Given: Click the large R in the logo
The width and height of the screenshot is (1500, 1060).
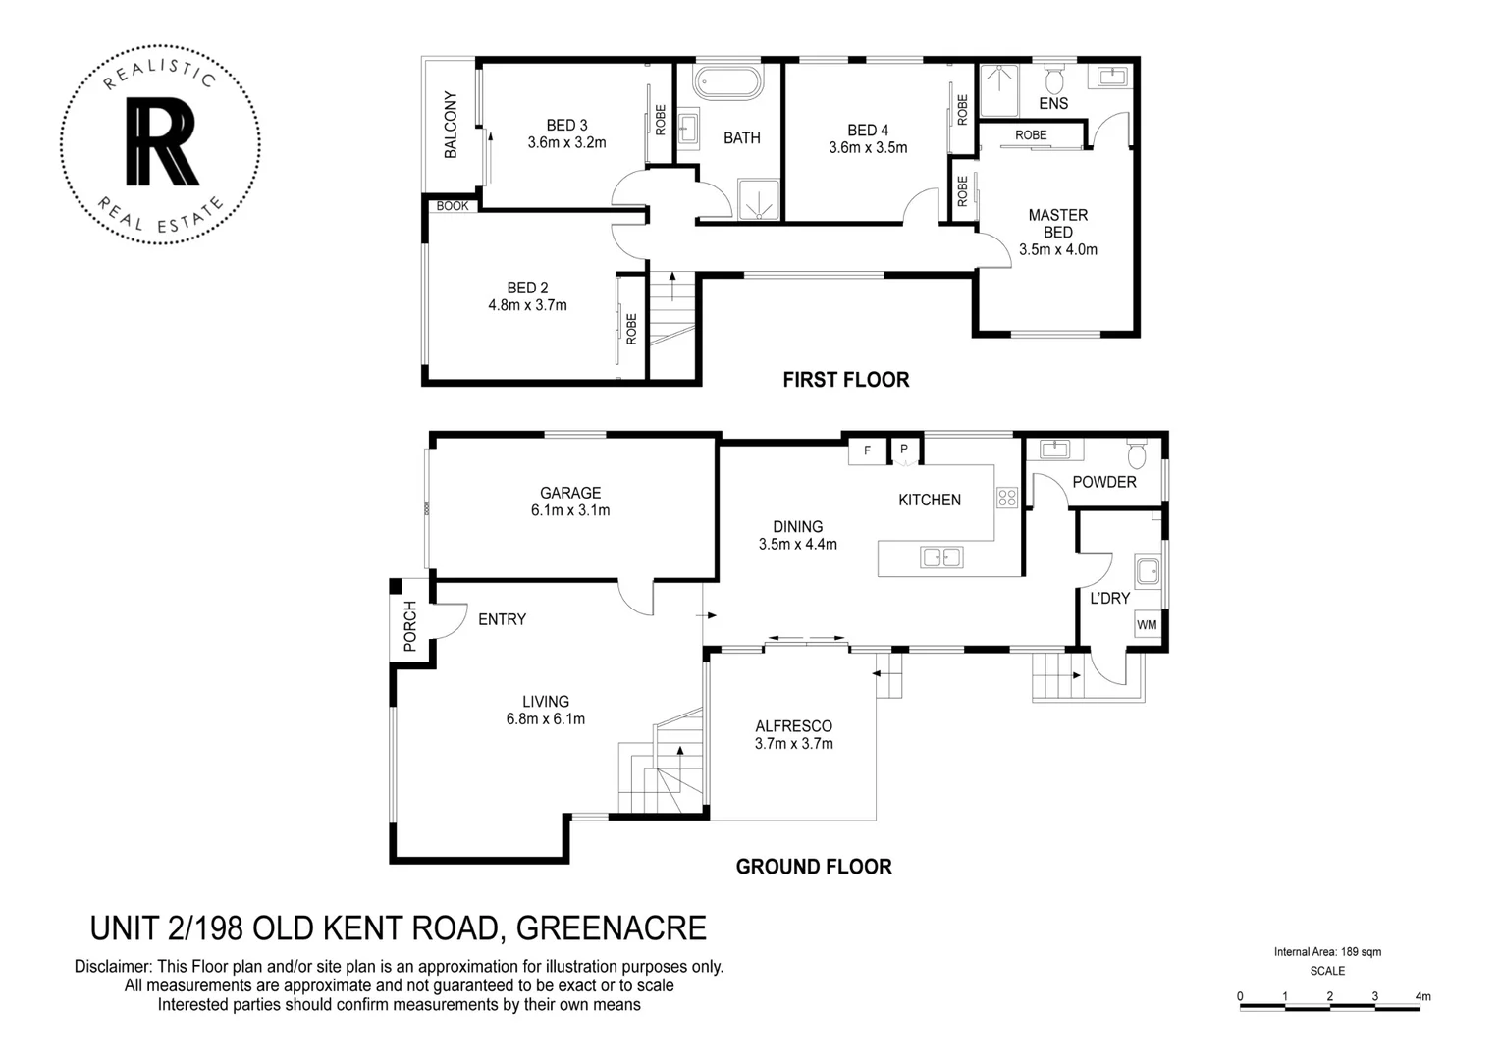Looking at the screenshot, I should [162, 142].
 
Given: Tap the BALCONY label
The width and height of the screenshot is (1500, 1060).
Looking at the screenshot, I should [451, 125].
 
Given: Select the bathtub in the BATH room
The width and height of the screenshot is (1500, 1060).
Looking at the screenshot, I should [727, 82].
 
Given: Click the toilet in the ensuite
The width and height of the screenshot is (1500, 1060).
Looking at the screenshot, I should [1054, 79].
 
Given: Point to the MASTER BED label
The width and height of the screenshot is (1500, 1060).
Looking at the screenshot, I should [1057, 224].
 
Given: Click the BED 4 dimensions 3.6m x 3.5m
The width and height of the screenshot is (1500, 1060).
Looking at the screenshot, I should [868, 148].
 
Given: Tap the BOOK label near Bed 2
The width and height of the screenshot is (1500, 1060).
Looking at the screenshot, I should [453, 206].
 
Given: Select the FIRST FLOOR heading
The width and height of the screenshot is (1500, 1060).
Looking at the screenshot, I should [845, 380].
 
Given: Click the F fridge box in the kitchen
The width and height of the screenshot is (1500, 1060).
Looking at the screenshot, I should [867, 450].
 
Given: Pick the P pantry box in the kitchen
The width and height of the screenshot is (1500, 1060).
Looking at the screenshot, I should [904, 450].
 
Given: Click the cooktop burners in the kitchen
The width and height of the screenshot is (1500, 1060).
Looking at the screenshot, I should [1007, 498].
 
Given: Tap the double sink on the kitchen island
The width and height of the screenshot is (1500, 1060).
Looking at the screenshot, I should [941, 557].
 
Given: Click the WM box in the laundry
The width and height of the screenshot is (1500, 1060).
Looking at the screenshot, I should [1147, 625].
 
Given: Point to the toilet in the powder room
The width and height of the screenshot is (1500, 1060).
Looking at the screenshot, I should [1137, 454].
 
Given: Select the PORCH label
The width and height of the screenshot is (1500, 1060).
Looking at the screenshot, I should [410, 626].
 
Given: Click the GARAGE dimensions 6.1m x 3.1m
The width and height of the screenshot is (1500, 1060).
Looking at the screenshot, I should [570, 510].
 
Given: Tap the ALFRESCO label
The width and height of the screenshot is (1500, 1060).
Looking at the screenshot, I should [793, 726].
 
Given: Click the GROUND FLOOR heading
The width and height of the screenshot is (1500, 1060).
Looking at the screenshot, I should [814, 867].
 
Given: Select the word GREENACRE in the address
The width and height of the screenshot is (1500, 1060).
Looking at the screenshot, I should [611, 928].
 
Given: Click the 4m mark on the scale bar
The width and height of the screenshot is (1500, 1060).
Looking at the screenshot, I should [1421, 997].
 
